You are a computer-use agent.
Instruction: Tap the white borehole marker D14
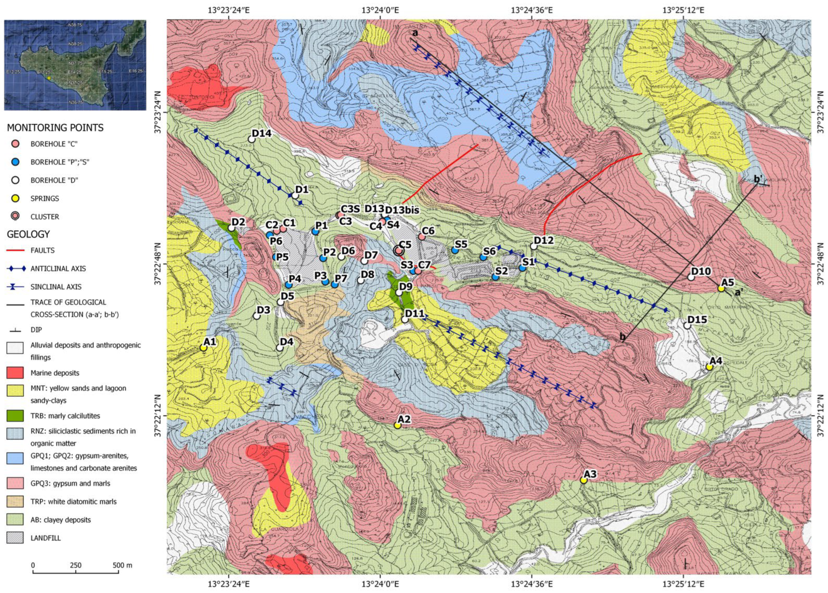(251, 139)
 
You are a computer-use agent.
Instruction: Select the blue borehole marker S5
(455, 250)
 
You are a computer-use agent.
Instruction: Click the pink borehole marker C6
(421, 237)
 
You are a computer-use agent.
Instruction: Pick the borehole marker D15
(688, 325)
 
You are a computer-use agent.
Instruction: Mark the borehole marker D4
(279, 348)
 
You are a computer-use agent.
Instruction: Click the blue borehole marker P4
(288, 285)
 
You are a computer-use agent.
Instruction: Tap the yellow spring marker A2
(398, 425)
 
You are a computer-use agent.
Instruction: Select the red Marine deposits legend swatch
(15, 373)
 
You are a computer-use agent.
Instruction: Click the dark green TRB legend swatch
(15, 416)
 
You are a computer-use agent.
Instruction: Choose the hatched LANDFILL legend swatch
(15, 538)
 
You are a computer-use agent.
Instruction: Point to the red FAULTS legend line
(15, 250)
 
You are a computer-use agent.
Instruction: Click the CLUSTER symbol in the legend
(15, 217)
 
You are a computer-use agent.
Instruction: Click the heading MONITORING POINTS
(55, 128)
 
